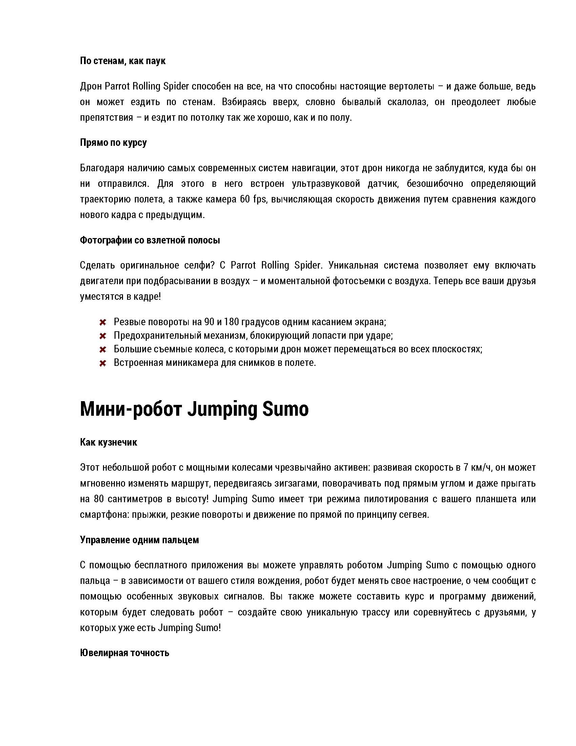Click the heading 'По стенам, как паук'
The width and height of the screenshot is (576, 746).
click(123, 61)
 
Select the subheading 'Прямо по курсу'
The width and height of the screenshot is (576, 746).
click(113, 142)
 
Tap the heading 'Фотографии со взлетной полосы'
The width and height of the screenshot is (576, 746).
click(150, 240)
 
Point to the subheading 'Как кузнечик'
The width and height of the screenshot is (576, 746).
click(108, 442)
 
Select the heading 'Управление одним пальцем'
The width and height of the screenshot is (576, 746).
click(139, 540)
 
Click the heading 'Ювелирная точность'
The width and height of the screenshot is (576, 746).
click(125, 653)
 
